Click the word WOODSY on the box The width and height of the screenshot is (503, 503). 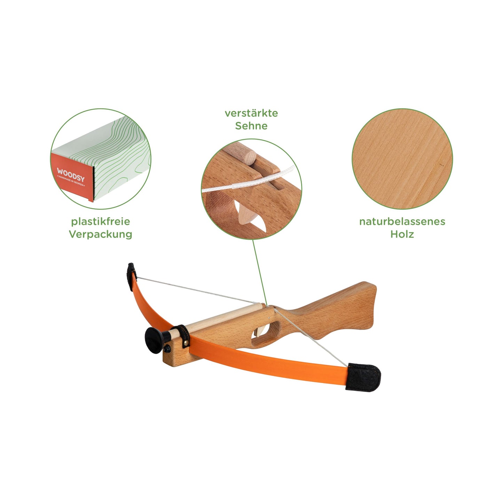coord(71,175)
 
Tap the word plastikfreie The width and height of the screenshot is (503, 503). coord(101,222)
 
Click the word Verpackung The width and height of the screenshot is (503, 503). coord(101,234)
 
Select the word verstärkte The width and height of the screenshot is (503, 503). coord(251,113)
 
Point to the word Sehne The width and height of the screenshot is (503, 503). coord(251,126)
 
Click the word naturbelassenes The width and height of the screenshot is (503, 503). coord(402,222)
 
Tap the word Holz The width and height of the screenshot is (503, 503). coord(402,234)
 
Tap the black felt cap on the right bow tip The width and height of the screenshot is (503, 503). coord(363,377)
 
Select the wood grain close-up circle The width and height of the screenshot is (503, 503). coord(402,159)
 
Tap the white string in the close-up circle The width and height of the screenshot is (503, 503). coord(248,181)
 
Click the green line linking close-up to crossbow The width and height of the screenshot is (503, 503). coord(259,272)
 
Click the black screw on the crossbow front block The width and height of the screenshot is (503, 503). coord(167,348)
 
